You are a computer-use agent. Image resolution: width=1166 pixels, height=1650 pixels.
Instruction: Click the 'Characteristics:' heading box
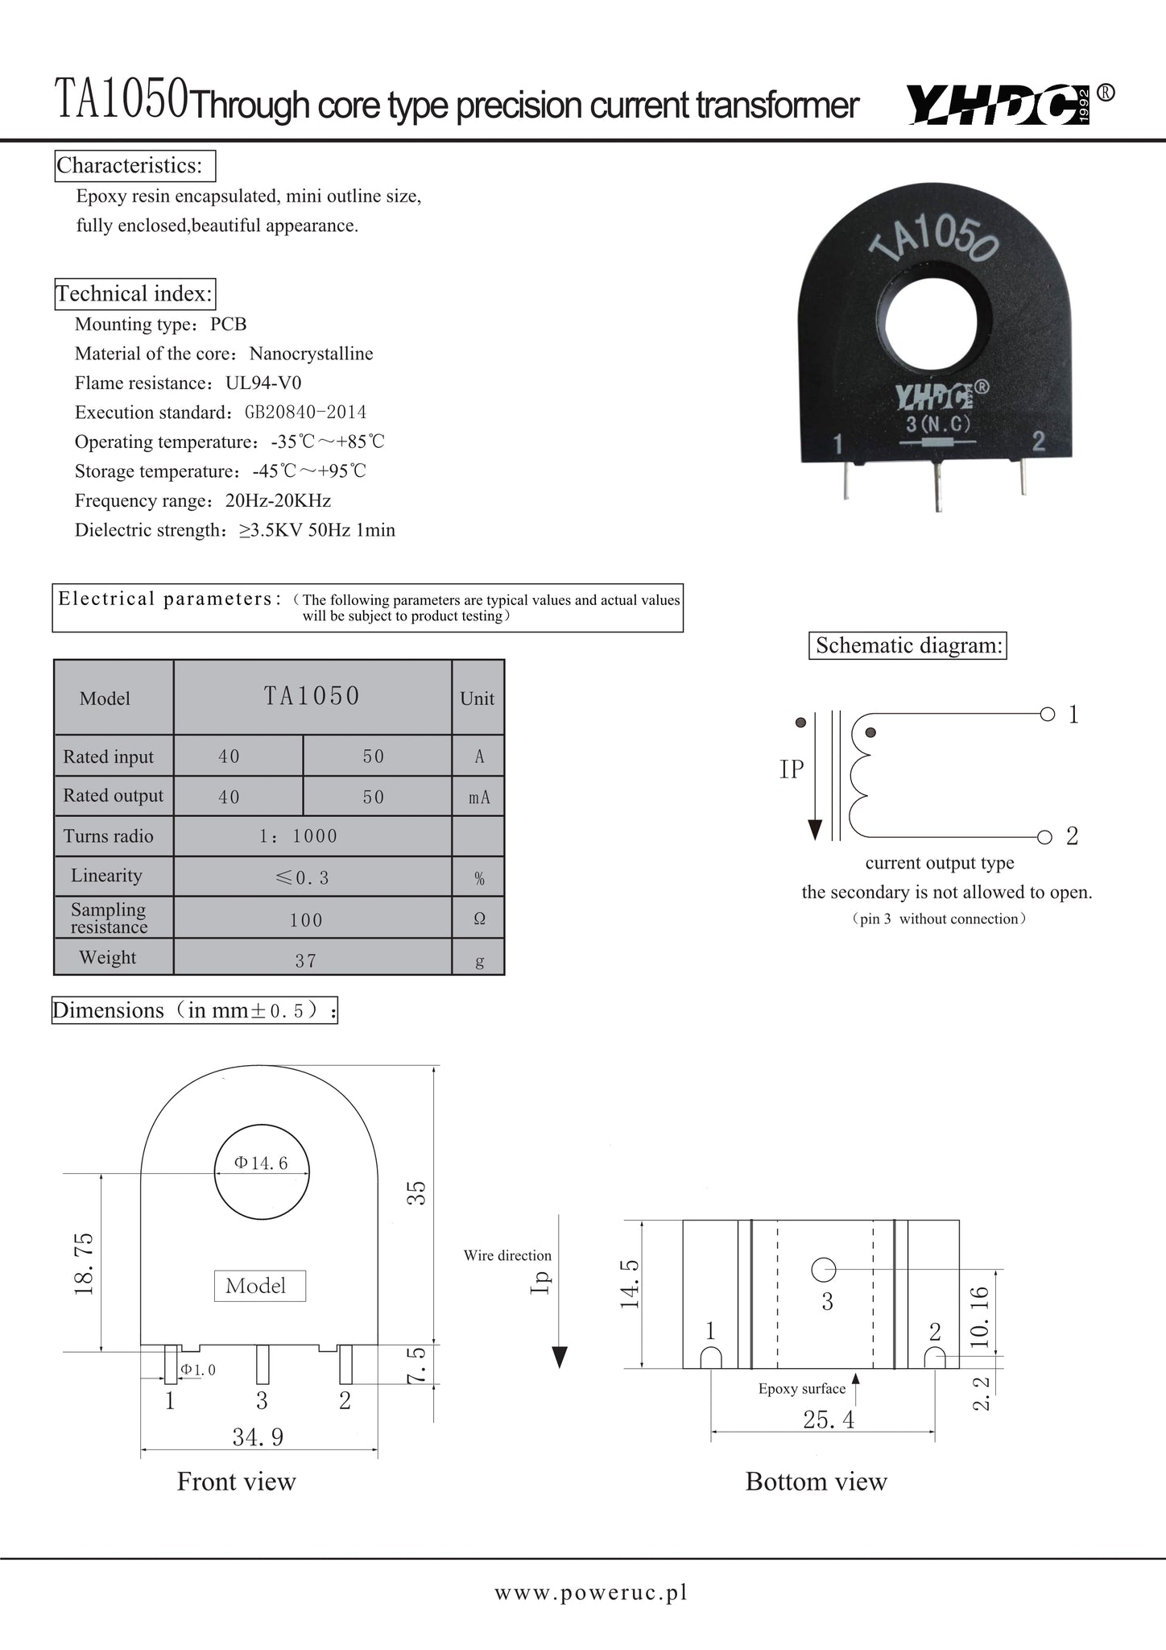click(134, 166)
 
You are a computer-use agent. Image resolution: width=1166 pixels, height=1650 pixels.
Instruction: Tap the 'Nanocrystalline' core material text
click(311, 354)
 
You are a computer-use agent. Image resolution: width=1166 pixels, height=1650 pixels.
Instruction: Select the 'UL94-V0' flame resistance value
click(263, 383)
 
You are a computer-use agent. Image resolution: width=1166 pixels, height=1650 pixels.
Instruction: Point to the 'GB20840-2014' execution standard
click(305, 412)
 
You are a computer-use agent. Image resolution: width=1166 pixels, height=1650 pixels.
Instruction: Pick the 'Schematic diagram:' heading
click(908, 645)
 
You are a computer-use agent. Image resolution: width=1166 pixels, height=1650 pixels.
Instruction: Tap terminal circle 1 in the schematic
click(1047, 714)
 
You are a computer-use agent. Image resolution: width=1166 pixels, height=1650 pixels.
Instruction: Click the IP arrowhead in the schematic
click(815, 829)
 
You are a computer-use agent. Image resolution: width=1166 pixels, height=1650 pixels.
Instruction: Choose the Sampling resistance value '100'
click(306, 920)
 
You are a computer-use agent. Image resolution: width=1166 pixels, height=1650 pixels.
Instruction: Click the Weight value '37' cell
click(306, 960)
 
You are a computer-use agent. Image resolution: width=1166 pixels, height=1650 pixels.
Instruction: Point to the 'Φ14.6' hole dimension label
click(261, 1163)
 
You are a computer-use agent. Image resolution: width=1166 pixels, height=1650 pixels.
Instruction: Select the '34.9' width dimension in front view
click(258, 1436)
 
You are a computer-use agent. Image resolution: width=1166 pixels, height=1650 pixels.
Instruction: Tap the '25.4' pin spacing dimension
click(829, 1420)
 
